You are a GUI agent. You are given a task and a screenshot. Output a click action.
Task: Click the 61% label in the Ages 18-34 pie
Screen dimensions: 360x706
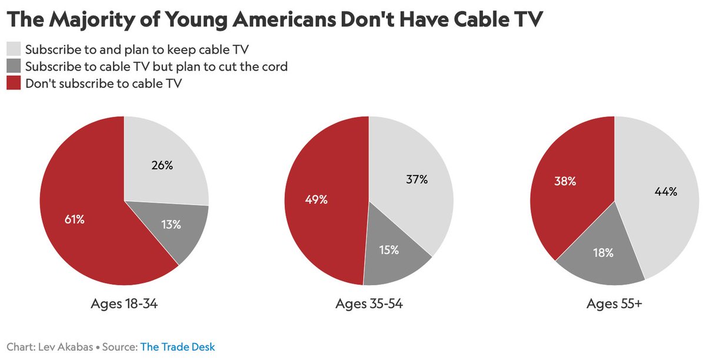tap(75, 219)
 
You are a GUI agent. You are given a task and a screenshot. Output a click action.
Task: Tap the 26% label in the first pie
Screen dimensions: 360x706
tap(162, 165)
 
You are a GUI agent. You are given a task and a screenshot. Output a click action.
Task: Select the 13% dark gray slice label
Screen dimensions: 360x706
tap(170, 224)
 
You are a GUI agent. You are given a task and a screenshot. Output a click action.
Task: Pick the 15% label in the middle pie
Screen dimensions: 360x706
tap(388, 250)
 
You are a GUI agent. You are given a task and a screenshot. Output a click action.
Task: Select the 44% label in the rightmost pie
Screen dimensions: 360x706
tap(666, 191)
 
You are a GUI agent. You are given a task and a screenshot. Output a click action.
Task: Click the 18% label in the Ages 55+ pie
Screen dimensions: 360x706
tap(603, 253)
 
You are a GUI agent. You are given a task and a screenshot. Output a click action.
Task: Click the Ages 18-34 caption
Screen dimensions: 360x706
tap(124, 304)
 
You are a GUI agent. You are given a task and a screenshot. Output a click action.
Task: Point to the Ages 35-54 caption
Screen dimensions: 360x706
tap(369, 304)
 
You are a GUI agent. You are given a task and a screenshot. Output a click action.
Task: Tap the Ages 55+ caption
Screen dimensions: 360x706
tap(614, 304)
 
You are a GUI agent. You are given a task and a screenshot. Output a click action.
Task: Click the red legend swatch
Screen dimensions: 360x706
tap(14, 84)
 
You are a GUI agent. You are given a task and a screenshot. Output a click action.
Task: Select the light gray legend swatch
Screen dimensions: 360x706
tap(14, 49)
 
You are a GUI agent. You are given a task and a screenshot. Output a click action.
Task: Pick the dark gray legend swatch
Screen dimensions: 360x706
tap(14, 66)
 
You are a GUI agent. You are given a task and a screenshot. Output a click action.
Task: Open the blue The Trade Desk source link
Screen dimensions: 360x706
tap(177, 347)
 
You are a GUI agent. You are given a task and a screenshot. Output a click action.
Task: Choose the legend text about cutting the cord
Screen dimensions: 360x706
tap(156, 66)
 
